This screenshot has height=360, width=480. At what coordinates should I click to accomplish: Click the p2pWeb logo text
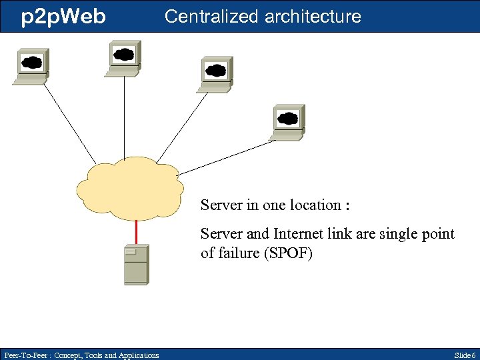(x=63, y=17)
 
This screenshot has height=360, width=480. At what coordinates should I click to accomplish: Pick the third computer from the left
(x=215, y=73)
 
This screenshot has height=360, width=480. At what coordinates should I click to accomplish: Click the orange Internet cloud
(x=131, y=189)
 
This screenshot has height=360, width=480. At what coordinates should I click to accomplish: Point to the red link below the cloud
(x=136, y=231)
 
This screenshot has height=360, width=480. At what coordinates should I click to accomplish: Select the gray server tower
(x=136, y=265)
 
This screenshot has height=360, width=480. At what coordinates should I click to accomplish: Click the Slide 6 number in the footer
(x=464, y=355)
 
